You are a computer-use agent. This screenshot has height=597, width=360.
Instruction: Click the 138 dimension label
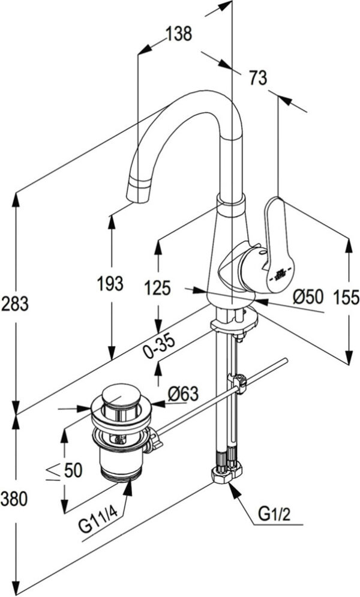pyautogui.click(x=179, y=34)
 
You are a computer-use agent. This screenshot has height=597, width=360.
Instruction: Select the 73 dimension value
pyautogui.click(x=259, y=78)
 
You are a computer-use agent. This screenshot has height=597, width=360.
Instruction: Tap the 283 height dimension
pyautogui.click(x=15, y=304)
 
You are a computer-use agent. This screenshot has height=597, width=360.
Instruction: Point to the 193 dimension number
pyautogui.click(x=110, y=284)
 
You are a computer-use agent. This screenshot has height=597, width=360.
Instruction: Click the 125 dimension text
pyautogui.click(x=158, y=288)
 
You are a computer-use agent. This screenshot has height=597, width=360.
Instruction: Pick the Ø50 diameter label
pyautogui.click(x=308, y=296)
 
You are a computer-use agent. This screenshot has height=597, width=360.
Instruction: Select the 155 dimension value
pyautogui.click(x=346, y=298)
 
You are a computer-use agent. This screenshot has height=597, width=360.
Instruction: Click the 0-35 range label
pyautogui.click(x=160, y=347)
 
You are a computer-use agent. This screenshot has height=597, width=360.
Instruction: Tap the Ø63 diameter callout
pyautogui.click(x=183, y=394)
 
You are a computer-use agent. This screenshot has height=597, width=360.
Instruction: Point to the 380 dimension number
pyautogui.click(x=14, y=499)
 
